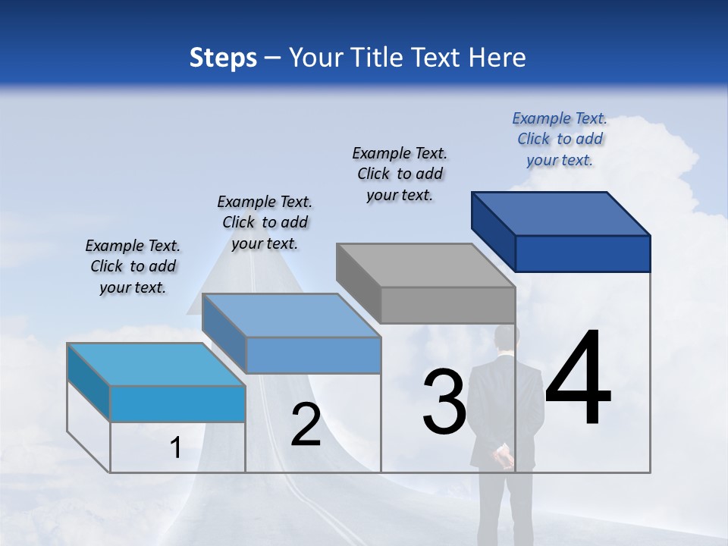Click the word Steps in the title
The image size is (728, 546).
223,58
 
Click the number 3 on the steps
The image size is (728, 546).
444,403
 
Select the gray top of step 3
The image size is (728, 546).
425,265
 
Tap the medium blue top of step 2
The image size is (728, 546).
291,315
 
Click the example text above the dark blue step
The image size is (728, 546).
560,140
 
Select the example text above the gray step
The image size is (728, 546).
400,174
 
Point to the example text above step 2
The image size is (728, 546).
265,222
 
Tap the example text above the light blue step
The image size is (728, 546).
133,266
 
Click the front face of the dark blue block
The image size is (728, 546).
582,253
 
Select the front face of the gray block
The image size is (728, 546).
447,305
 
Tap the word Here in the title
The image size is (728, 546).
497,58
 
